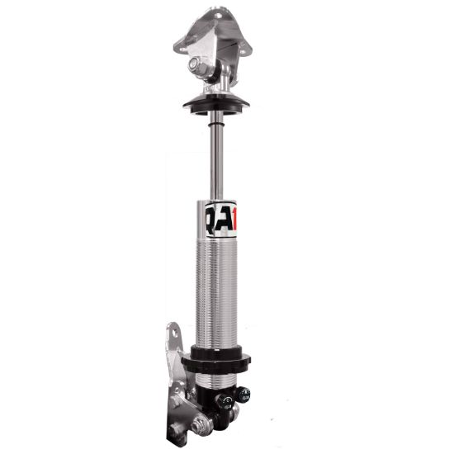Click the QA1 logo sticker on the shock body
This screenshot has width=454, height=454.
click(x=220, y=220)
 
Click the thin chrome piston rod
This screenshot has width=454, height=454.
click(x=216, y=157)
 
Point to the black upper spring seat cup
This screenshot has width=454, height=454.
click(x=216, y=106)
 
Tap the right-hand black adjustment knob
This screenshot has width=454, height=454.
click(x=244, y=395)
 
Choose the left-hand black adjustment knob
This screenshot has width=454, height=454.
click(x=223, y=403)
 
